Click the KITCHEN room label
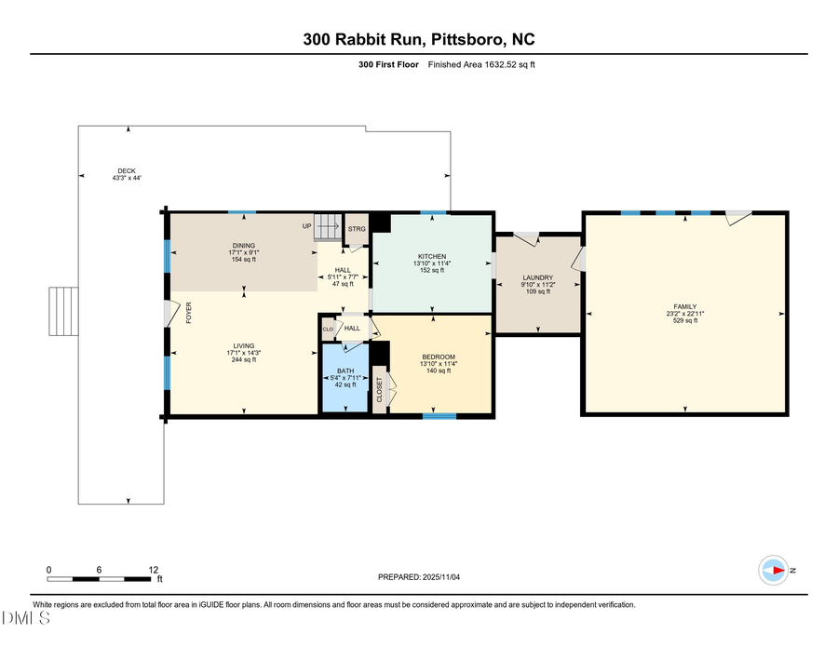[x=431, y=256]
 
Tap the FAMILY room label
[x=684, y=306]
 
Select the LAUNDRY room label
[x=538, y=276]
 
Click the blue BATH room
[x=345, y=382]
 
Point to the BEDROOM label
[x=439, y=357]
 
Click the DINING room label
[x=243, y=246]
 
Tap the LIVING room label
[x=243, y=345]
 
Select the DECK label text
[x=127, y=170]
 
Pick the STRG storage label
[x=357, y=228]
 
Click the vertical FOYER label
[x=189, y=312]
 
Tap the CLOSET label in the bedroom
[x=379, y=390]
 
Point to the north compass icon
[x=774, y=571]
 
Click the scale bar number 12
[x=155, y=569]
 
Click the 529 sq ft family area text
[x=684, y=320]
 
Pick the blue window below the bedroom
[x=433, y=416]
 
